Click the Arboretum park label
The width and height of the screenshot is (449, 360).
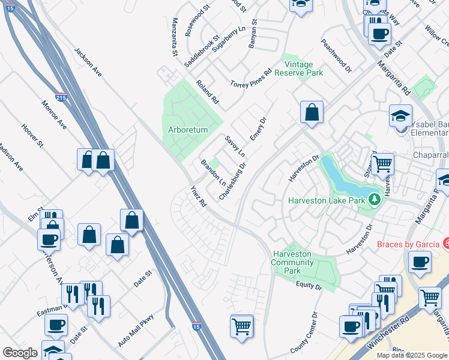pyautogui.click(x=187, y=130)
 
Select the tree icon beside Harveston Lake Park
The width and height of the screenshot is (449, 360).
pyautogui.click(x=375, y=199)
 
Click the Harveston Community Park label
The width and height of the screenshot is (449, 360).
pyautogui.click(x=293, y=262)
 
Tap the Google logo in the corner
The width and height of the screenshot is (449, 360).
pyautogui.click(x=20, y=353)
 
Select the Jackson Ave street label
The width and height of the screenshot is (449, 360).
pyautogui.click(x=88, y=62)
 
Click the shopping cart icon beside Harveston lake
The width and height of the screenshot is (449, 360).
pyautogui.click(x=382, y=163)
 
